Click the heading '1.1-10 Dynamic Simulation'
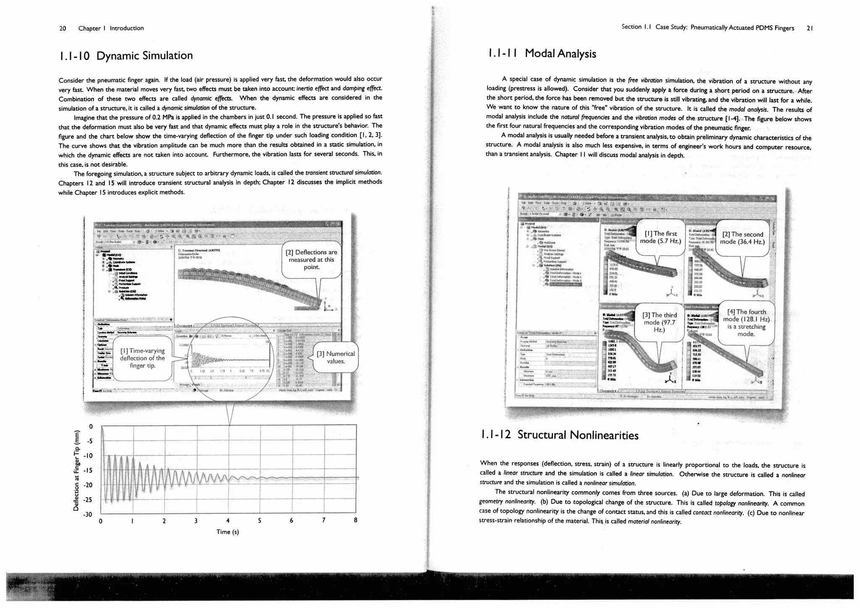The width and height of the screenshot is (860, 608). point(126,56)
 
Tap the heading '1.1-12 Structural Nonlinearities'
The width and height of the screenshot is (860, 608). point(558,435)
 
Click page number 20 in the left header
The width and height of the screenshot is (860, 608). point(63,28)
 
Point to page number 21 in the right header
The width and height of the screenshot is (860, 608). point(810,28)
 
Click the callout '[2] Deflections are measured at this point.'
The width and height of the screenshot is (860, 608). point(311,259)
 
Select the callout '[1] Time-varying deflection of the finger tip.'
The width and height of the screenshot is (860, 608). point(142,358)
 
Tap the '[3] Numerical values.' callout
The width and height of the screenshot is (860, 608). point(336,357)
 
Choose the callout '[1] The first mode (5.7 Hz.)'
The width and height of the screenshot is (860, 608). point(660,237)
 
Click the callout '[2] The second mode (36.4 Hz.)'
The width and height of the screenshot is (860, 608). point(742,238)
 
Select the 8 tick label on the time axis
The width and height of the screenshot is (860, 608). point(356,520)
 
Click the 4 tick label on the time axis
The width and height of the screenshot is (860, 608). point(228,521)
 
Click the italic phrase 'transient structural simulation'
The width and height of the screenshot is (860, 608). point(343,173)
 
